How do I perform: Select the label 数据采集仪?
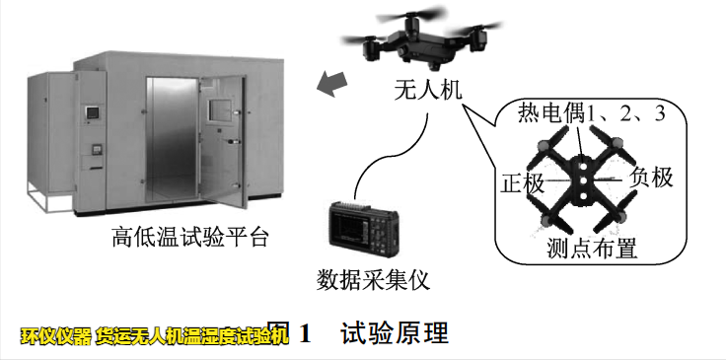click(x=373, y=278)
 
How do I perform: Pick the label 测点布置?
click(x=592, y=248)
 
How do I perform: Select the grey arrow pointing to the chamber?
click(x=333, y=85)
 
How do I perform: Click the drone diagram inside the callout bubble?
click(x=586, y=180)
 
